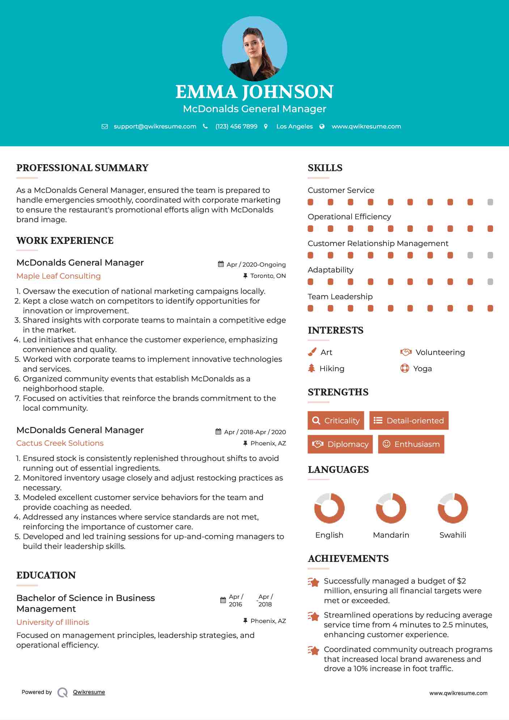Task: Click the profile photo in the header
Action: point(254,48)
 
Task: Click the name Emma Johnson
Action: point(254,92)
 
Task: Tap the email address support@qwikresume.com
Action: point(155,126)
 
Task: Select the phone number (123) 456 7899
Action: point(236,126)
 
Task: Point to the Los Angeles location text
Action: point(294,126)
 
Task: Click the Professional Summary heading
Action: point(82,168)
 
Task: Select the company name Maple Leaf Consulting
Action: point(59,276)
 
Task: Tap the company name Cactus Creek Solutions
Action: point(60,443)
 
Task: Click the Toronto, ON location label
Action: point(268,276)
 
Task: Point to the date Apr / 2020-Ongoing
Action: point(256,264)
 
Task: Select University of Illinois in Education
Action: point(53,622)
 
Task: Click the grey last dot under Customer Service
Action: point(490,202)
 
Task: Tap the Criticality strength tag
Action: point(336,420)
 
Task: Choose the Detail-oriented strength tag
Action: point(409,420)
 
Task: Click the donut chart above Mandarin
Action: point(391,508)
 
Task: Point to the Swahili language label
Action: point(453,535)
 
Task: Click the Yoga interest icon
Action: point(405,368)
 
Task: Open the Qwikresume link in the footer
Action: point(89,692)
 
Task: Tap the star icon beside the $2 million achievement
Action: point(314,582)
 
